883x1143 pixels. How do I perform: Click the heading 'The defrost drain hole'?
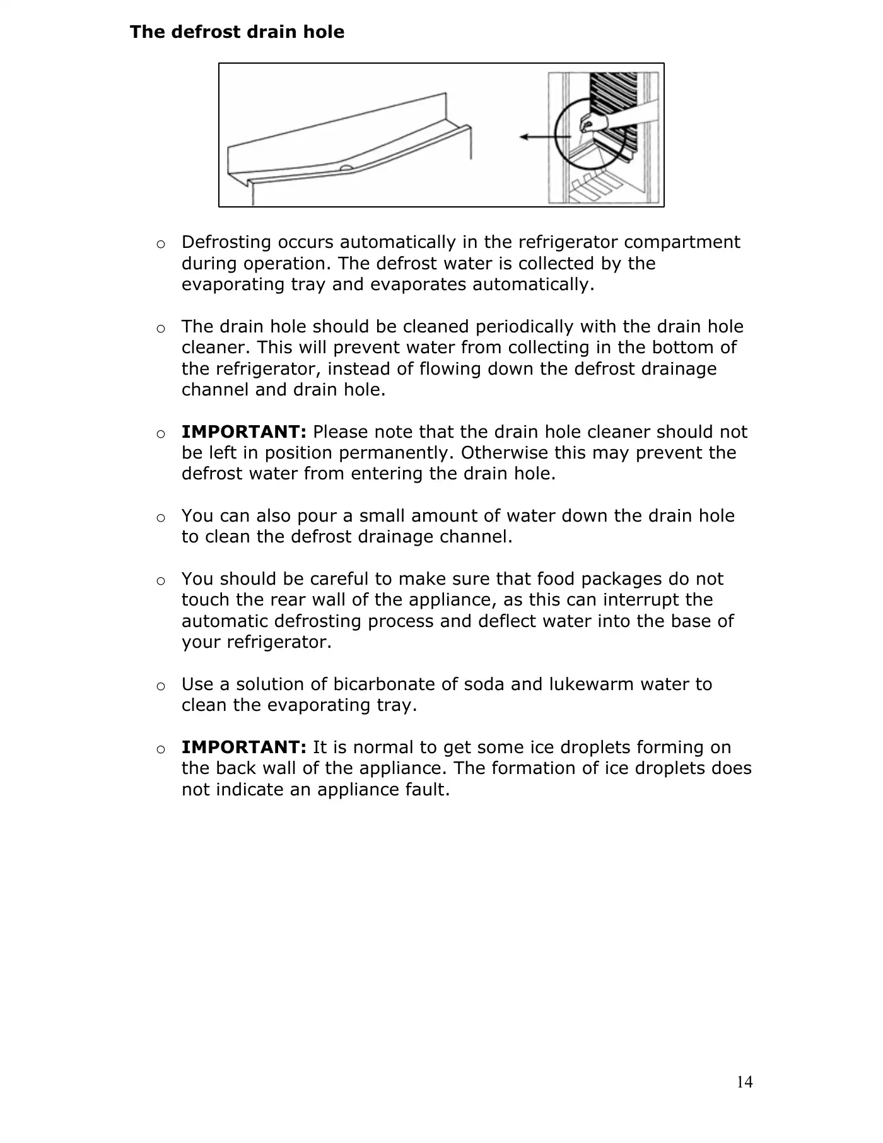pos(237,32)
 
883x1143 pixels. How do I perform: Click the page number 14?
pos(744,1082)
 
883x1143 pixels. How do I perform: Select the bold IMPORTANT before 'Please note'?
pos(243,432)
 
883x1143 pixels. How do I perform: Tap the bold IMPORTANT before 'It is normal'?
pos(243,747)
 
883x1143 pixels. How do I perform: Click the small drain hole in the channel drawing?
pos(346,168)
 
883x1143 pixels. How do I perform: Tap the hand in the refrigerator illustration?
pos(594,122)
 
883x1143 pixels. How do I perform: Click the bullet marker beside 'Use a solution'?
pos(161,686)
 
